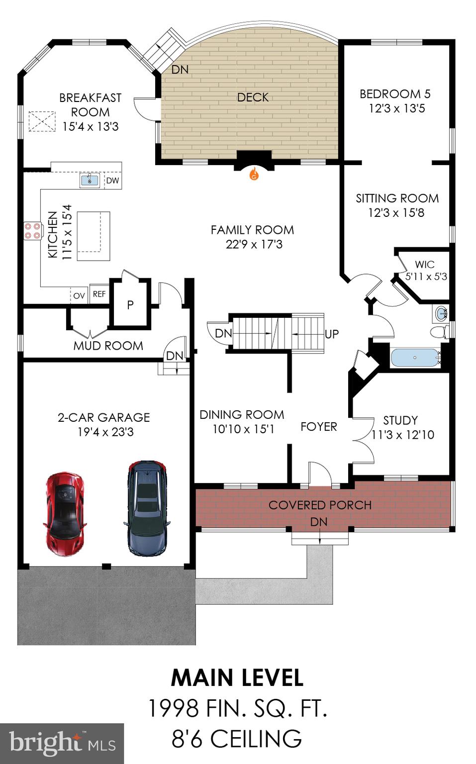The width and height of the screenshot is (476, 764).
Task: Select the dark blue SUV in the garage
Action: click(x=146, y=507)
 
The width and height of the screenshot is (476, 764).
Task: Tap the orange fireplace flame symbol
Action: click(x=254, y=174)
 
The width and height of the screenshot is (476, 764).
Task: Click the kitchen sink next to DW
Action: click(x=90, y=180)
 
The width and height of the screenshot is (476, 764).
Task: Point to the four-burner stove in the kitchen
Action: click(x=32, y=231)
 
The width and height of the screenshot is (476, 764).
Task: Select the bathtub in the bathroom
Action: click(x=415, y=358)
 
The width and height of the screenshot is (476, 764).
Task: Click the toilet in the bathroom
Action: click(x=438, y=332)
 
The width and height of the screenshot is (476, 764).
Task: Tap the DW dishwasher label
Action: click(x=113, y=181)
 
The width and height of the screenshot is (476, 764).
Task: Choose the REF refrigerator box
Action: click(x=99, y=294)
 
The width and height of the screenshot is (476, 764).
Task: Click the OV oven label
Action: click(x=79, y=295)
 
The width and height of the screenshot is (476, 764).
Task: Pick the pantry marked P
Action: click(x=130, y=304)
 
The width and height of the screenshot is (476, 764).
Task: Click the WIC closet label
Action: click(x=424, y=265)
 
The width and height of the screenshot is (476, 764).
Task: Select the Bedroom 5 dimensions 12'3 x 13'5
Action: click(x=396, y=108)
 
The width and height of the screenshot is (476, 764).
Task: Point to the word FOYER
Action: click(x=318, y=427)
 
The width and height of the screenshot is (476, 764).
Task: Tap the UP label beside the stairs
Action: click(x=331, y=334)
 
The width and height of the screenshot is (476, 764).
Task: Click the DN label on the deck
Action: click(x=180, y=70)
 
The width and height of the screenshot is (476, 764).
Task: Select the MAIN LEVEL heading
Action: click(x=237, y=678)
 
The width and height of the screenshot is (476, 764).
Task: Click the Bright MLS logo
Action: click(x=62, y=743)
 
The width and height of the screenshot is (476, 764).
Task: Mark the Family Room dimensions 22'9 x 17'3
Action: click(x=254, y=244)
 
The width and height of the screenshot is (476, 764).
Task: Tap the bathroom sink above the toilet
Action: click(x=441, y=313)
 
